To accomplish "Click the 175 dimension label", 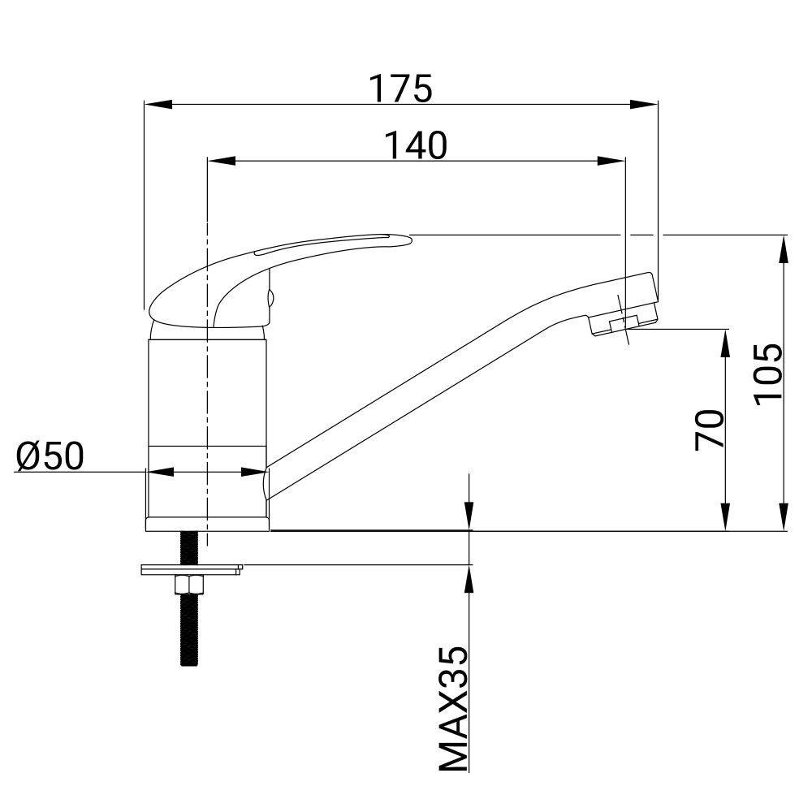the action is coord(400,89).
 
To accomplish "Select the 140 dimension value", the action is coord(415,145).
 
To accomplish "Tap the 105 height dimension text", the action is coord(768,374).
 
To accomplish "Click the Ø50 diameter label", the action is coord(50,456).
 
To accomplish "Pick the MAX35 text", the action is coord(454,709).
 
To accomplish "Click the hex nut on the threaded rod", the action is coord(189,585).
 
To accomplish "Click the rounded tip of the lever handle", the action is coord(406,239).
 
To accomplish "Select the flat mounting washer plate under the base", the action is coord(192,570).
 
